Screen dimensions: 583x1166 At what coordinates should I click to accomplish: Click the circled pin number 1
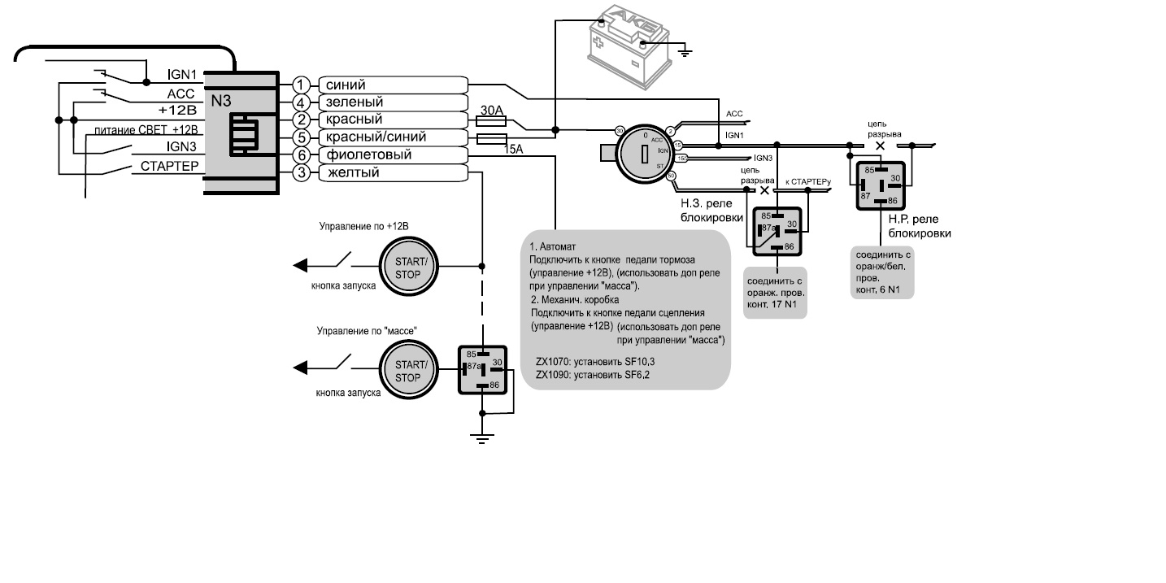pos(302,85)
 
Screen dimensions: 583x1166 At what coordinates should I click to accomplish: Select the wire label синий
pos(346,85)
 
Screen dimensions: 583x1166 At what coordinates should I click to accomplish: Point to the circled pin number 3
pos(302,172)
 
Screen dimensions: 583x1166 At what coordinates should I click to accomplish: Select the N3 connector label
pos(221,102)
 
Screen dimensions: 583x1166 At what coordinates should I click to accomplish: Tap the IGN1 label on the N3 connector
pos(183,74)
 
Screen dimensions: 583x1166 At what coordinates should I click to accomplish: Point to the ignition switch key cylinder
pos(642,152)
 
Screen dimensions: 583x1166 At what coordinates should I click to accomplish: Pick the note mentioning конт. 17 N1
pos(776,292)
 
